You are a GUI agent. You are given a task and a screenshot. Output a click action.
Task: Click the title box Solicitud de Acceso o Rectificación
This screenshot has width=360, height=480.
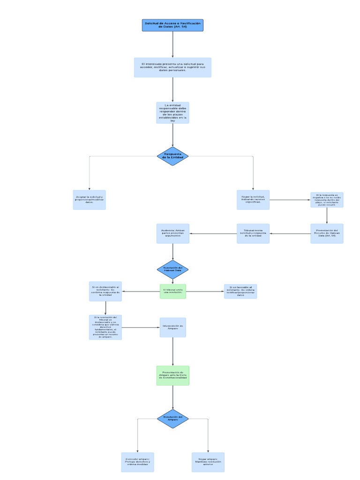point(172,25)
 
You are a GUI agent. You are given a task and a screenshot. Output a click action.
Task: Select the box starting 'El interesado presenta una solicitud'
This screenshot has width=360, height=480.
point(172,67)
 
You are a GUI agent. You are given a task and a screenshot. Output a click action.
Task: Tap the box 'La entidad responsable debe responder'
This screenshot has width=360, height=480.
point(172,113)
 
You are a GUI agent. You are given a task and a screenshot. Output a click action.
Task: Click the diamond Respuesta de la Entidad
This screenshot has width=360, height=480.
point(172,156)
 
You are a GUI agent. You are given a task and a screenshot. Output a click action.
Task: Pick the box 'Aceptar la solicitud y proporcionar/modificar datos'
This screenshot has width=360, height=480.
point(89,200)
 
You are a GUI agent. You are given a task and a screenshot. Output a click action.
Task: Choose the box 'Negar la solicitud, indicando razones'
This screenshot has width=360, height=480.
point(253,200)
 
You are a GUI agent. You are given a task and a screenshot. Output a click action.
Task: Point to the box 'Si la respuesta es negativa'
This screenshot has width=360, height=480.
point(327,200)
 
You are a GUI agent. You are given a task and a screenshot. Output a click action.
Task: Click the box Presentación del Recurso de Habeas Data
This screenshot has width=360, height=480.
point(327,233)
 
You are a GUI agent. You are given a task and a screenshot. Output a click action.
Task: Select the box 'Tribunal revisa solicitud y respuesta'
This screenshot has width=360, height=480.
point(253,233)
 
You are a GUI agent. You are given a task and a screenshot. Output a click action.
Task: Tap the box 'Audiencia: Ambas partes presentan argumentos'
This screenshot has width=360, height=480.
point(172,233)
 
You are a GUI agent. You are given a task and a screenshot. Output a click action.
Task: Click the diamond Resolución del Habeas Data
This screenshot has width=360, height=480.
point(172,270)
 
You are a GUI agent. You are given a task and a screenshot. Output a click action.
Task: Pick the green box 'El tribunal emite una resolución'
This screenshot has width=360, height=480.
point(172,292)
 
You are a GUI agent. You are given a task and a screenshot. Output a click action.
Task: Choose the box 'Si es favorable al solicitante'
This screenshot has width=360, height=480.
point(240,292)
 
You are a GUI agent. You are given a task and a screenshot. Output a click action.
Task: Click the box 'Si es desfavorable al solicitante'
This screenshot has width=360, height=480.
point(105,292)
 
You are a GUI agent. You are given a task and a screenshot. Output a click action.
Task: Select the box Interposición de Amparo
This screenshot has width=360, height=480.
point(172,327)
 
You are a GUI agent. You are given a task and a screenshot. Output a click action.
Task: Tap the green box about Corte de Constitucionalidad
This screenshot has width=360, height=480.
point(172,375)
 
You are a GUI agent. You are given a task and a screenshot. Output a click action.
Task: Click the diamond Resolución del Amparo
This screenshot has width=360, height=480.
point(172,419)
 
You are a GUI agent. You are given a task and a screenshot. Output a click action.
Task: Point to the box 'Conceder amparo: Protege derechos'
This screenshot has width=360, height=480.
point(137,462)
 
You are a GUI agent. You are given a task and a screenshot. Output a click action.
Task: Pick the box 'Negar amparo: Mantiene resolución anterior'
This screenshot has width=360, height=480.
point(208,462)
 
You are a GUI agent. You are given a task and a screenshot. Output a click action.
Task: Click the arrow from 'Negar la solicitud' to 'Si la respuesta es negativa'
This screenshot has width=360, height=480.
point(290,200)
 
